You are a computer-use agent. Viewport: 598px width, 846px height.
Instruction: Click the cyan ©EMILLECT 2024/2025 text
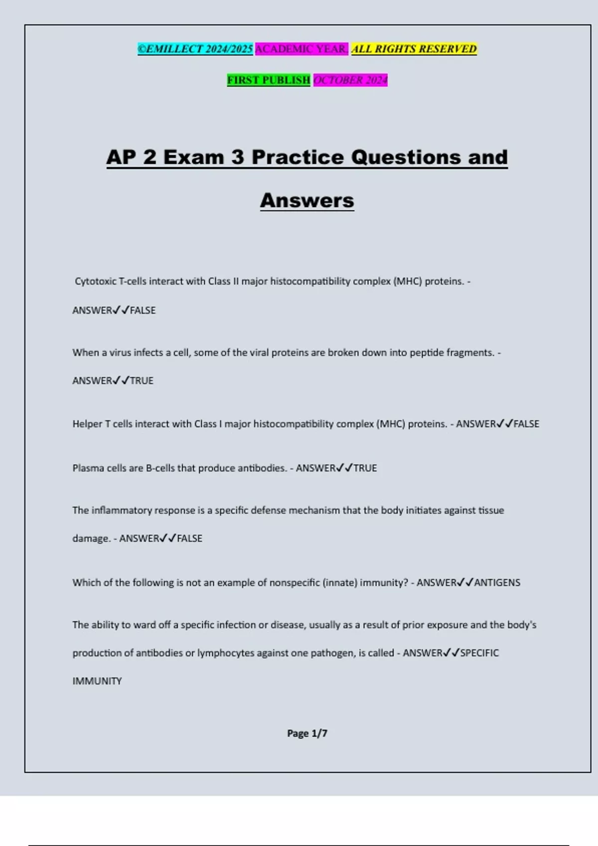(x=195, y=49)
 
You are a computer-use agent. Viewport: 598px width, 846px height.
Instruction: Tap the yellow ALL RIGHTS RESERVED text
(x=414, y=49)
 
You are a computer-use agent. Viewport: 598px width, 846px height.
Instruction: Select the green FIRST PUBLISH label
(x=269, y=80)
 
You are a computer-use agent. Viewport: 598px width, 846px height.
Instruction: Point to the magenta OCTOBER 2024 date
(x=350, y=80)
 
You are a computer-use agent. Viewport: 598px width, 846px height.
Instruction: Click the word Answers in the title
(x=307, y=201)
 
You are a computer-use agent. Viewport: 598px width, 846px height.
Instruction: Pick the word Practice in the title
(x=298, y=157)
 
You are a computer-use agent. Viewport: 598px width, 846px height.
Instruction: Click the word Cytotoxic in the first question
(x=95, y=281)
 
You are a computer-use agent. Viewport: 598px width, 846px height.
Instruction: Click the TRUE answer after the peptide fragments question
(x=142, y=381)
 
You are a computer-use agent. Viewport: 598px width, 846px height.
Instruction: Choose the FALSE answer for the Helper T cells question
(x=526, y=424)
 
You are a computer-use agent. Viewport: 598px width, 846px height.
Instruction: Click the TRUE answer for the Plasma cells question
(x=365, y=468)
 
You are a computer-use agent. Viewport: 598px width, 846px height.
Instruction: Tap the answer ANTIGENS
(x=497, y=583)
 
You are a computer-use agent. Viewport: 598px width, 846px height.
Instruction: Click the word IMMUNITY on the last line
(x=97, y=681)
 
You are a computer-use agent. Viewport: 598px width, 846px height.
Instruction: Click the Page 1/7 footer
(x=307, y=733)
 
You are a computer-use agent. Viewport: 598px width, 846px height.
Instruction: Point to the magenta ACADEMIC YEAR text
(x=301, y=49)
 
